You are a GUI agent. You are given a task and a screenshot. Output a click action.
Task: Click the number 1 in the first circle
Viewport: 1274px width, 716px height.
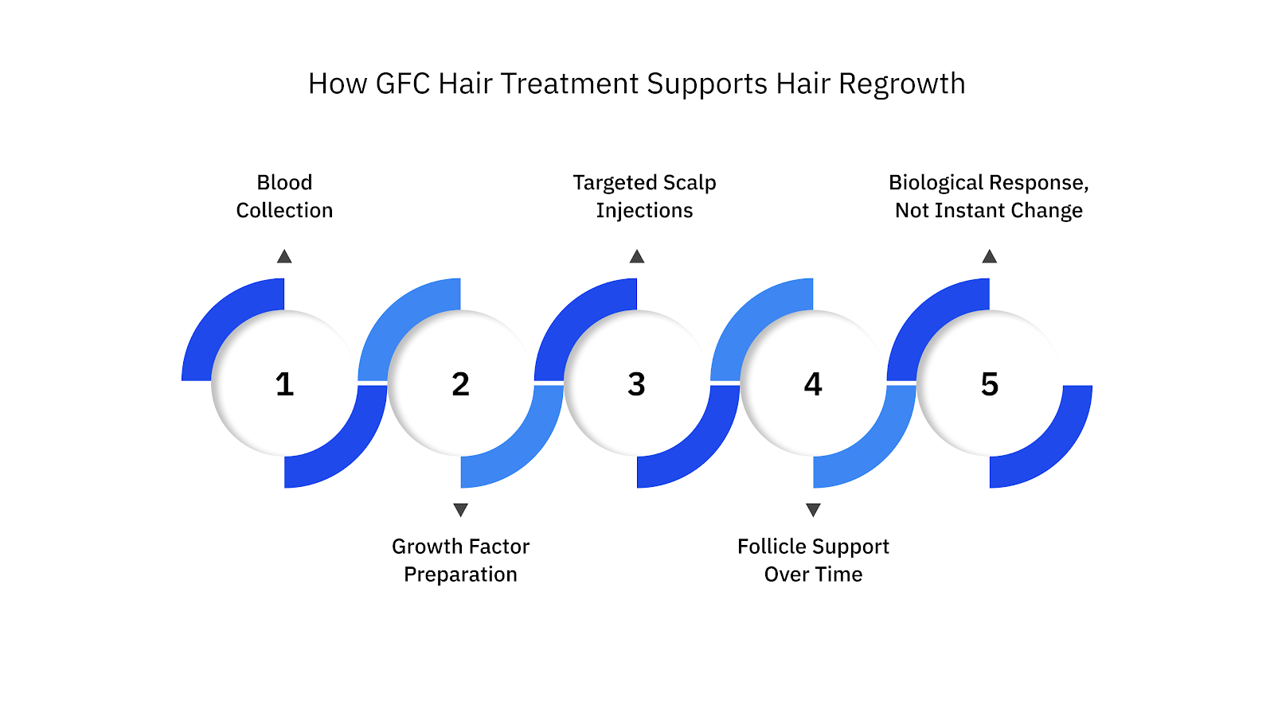point(284,384)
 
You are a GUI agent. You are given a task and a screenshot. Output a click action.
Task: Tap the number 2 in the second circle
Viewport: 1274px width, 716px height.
point(460,384)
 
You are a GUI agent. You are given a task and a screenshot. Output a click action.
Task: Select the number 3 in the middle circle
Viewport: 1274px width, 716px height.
point(636,384)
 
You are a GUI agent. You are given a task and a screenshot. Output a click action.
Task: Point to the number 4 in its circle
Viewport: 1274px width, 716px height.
point(813,384)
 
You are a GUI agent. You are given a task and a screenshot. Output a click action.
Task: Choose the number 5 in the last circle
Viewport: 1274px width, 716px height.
point(989,384)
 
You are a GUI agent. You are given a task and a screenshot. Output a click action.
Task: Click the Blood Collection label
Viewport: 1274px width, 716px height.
point(284,197)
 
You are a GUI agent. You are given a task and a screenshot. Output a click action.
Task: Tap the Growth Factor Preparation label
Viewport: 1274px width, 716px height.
point(460,560)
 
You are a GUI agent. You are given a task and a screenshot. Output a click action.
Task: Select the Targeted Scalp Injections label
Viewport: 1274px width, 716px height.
point(644,197)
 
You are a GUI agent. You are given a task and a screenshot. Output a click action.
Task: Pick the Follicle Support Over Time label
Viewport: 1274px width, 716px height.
point(813,560)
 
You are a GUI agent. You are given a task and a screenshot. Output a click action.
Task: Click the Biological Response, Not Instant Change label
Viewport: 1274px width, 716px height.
point(988,197)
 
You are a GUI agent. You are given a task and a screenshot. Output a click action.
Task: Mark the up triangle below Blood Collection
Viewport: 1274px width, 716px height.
point(284,256)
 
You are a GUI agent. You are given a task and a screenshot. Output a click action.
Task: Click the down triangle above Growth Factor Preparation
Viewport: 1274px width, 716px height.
point(460,509)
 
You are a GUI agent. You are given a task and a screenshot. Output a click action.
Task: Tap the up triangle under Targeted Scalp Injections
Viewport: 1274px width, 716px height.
point(637,256)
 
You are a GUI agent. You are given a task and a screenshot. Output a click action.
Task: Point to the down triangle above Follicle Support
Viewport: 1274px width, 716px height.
point(813,509)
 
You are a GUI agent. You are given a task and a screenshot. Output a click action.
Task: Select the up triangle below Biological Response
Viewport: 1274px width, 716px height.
point(989,256)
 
